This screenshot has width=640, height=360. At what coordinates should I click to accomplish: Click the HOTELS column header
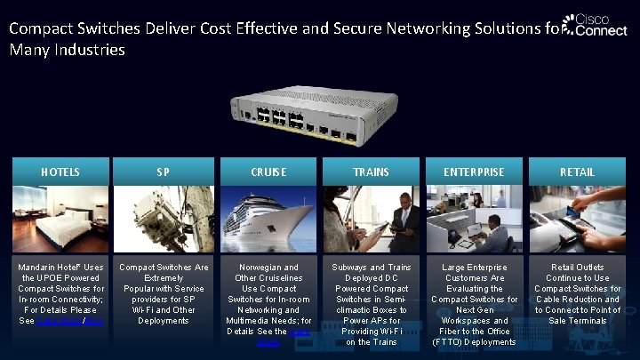pyautogui.click(x=60, y=172)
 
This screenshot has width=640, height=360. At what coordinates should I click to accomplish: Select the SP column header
pyautogui.click(x=164, y=172)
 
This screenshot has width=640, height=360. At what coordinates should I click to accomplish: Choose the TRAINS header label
pyautogui.click(x=371, y=172)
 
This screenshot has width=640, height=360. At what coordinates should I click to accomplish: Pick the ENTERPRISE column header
pyautogui.click(x=474, y=172)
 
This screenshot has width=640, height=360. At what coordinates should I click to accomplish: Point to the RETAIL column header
pyautogui.click(x=577, y=172)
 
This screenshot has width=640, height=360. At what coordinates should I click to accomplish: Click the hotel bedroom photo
pyautogui.click(x=60, y=219)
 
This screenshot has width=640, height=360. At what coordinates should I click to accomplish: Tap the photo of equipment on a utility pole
pyautogui.click(x=164, y=219)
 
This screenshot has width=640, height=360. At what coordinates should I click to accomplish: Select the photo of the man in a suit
pyautogui.click(x=371, y=219)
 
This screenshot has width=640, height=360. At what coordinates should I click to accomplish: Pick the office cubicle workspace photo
pyautogui.click(x=474, y=219)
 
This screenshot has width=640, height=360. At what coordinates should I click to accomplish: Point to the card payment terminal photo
pyautogui.click(x=577, y=219)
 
